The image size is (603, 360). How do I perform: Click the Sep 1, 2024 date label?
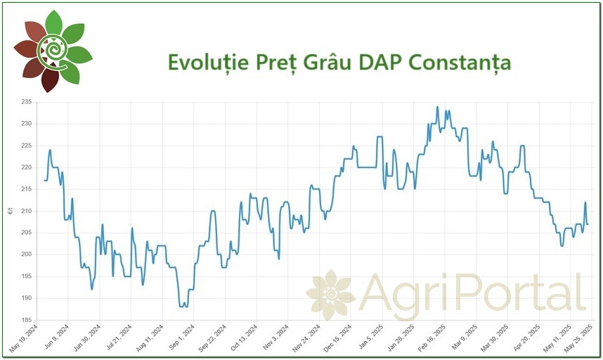point(182,337)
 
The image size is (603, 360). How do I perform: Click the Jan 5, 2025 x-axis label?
point(369,337)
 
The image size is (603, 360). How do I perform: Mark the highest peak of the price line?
point(437,107)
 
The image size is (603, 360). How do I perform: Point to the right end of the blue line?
point(588,224)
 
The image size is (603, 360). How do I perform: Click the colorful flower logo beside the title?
point(53,51)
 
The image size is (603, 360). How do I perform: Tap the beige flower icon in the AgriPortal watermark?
point(330,293)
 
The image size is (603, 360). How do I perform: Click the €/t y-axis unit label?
point(9,211)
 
